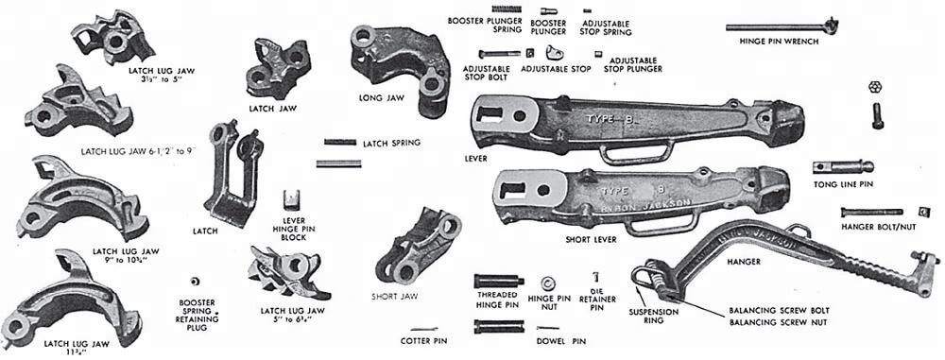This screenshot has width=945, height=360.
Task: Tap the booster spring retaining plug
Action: [197, 283]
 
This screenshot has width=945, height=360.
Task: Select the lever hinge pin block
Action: [292, 199]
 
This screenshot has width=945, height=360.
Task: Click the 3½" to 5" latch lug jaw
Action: [112, 33]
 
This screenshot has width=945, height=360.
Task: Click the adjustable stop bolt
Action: [498, 53]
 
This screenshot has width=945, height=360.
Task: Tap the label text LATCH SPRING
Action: [391, 144]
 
